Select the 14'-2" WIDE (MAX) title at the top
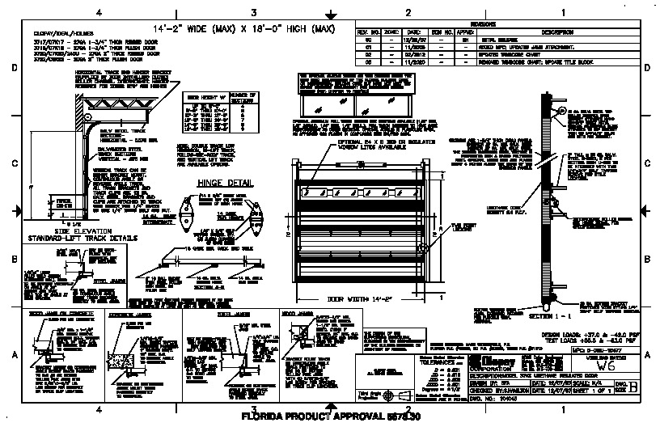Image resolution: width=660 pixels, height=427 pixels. (x=255, y=30)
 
